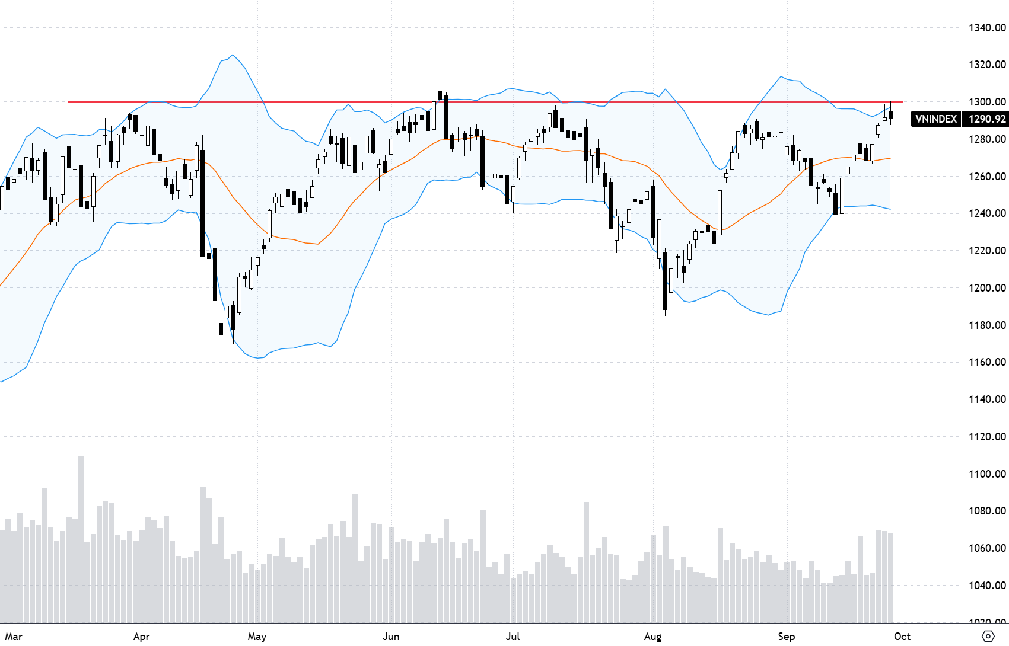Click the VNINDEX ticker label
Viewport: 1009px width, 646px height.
(x=936, y=119)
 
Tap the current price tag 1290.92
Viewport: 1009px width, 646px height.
(x=987, y=119)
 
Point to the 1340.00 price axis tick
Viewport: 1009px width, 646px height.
(x=987, y=28)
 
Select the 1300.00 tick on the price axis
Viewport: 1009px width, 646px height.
(x=987, y=102)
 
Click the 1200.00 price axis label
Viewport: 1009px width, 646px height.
(x=987, y=288)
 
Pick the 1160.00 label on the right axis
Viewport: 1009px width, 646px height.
(x=987, y=362)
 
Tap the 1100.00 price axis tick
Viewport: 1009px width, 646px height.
(x=987, y=474)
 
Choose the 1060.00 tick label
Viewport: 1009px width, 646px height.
(x=987, y=548)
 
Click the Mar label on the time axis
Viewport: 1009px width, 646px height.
(x=14, y=637)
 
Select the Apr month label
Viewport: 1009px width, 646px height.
(x=141, y=637)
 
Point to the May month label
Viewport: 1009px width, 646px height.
(x=257, y=637)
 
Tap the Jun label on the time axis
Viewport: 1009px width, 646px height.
(x=391, y=637)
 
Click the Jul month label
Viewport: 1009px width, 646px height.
(x=513, y=637)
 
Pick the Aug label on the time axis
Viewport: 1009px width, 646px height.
(x=652, y=637)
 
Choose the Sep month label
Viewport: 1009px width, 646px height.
(x=786, y=637)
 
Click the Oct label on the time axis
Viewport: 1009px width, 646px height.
(x=902, y=637)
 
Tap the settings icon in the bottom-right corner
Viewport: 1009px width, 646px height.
(x=988, y=637)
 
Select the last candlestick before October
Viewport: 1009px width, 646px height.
(x=890, y=114)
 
